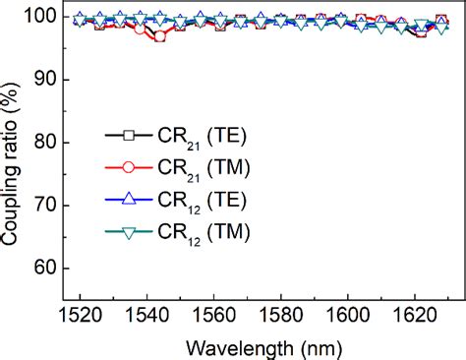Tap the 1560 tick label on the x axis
[x=213, y=313]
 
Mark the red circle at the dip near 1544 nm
[x=160, y=36]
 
